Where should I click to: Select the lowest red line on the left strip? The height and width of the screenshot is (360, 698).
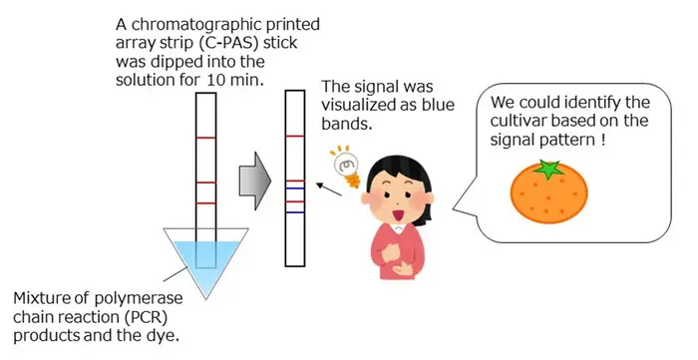(x=204, y=203)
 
